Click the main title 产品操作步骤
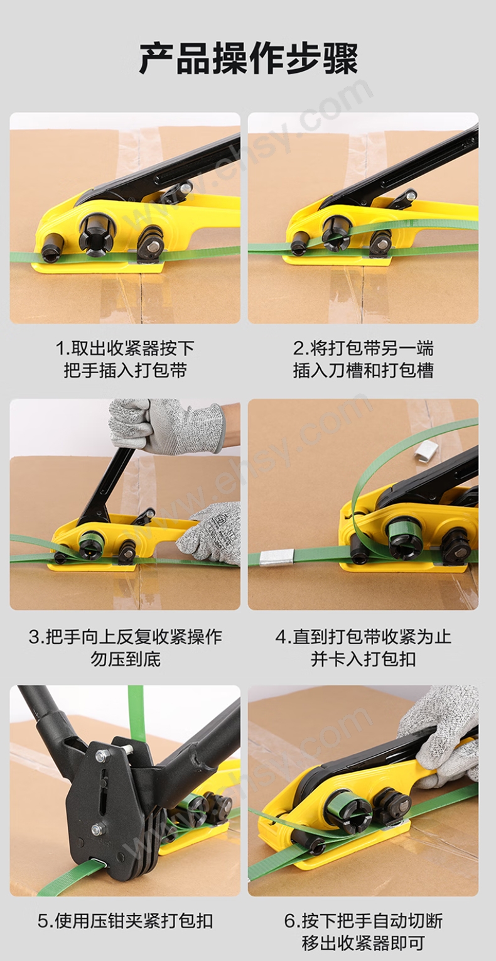[x=248, y=59]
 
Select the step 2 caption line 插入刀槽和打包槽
[x=363, y=370]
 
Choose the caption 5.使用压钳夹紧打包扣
[x=125, y=919]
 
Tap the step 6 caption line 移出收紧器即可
[x=363, y=942]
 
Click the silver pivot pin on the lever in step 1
[x=185, y=188]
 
